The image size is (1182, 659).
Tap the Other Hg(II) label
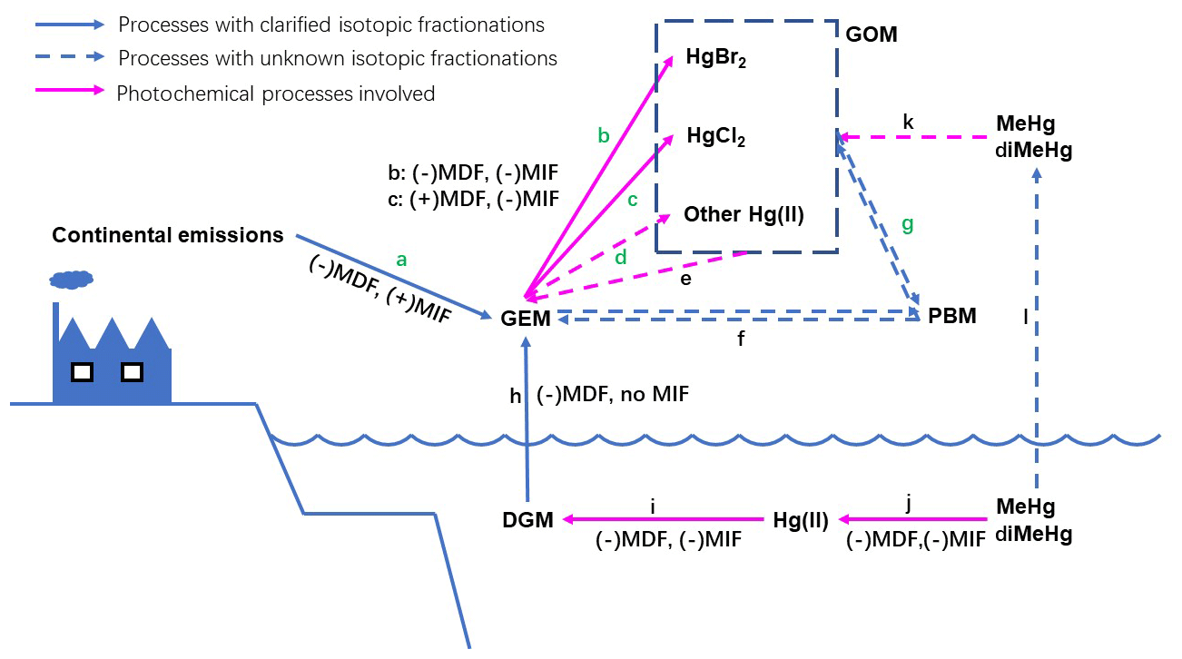[744, 215]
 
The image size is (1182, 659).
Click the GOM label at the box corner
[871, 35]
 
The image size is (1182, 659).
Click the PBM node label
[952, 317]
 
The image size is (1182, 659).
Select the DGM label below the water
[528, 520]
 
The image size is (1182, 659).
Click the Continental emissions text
[168, 236]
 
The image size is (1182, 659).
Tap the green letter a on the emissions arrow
[400, 260]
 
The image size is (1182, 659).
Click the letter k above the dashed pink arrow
[908, 122]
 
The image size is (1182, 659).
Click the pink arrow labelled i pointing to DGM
[663, 519]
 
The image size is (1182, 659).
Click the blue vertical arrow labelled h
[526, 408]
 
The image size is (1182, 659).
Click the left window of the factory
[82, 371]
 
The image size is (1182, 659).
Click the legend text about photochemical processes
[275, 93]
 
